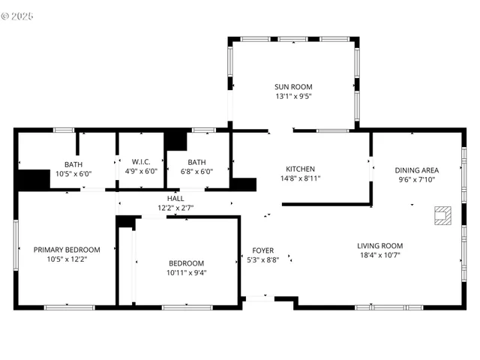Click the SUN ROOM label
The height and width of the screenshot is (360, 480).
point(292,87)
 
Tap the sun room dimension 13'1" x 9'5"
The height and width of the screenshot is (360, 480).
point(292,97)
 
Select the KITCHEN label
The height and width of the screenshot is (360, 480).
point(300,169)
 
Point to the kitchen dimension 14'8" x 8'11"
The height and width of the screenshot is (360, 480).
point(300,179)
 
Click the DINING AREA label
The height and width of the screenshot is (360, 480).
point(416,170)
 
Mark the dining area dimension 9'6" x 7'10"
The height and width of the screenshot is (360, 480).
point(416,180)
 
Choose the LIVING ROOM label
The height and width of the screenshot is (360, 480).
point(379,246)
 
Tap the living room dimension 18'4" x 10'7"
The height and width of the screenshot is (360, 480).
point(379,256)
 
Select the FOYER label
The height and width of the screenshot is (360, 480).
point(262,250)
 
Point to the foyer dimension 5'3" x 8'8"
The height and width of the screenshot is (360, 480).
point(262,260)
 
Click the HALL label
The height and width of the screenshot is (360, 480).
point(175,198)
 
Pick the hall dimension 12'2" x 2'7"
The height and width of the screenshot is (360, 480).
point(175,208)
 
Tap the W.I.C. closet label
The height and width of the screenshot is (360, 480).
point(141,162)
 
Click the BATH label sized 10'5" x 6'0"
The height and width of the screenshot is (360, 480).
point(73,164)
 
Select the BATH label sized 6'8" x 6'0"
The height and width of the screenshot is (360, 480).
point(196,162)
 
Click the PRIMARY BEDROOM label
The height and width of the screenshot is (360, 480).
point(67,250)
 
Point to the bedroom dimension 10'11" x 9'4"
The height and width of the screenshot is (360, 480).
point(186,273)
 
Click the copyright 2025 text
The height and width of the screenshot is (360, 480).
point(18,16)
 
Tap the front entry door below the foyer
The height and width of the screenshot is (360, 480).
point(259,300)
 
